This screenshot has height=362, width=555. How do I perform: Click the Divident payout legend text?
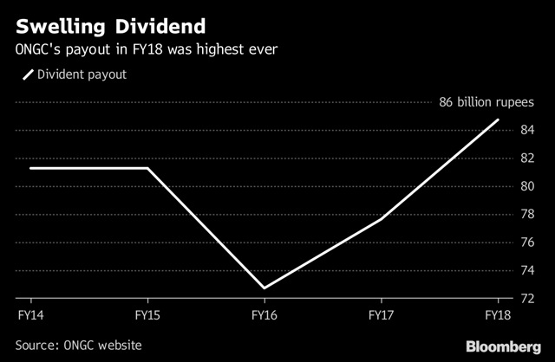click(x=81, y=74)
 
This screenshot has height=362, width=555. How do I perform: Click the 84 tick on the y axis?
click(x=527, y=130)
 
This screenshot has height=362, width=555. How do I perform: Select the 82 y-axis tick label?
click(x=527, y=158)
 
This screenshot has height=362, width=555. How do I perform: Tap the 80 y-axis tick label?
click(x=527, y=185)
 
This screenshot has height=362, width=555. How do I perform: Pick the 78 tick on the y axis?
click(x=527, y=213)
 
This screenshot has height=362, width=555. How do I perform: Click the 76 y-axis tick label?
click(x=527, y=241)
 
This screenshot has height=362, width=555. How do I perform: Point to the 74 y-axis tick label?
click(x=527, y=268)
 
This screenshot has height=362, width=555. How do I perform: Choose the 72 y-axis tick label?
click(x=527, y=297)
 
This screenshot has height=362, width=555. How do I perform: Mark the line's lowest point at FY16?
click(x=264, y=288)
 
